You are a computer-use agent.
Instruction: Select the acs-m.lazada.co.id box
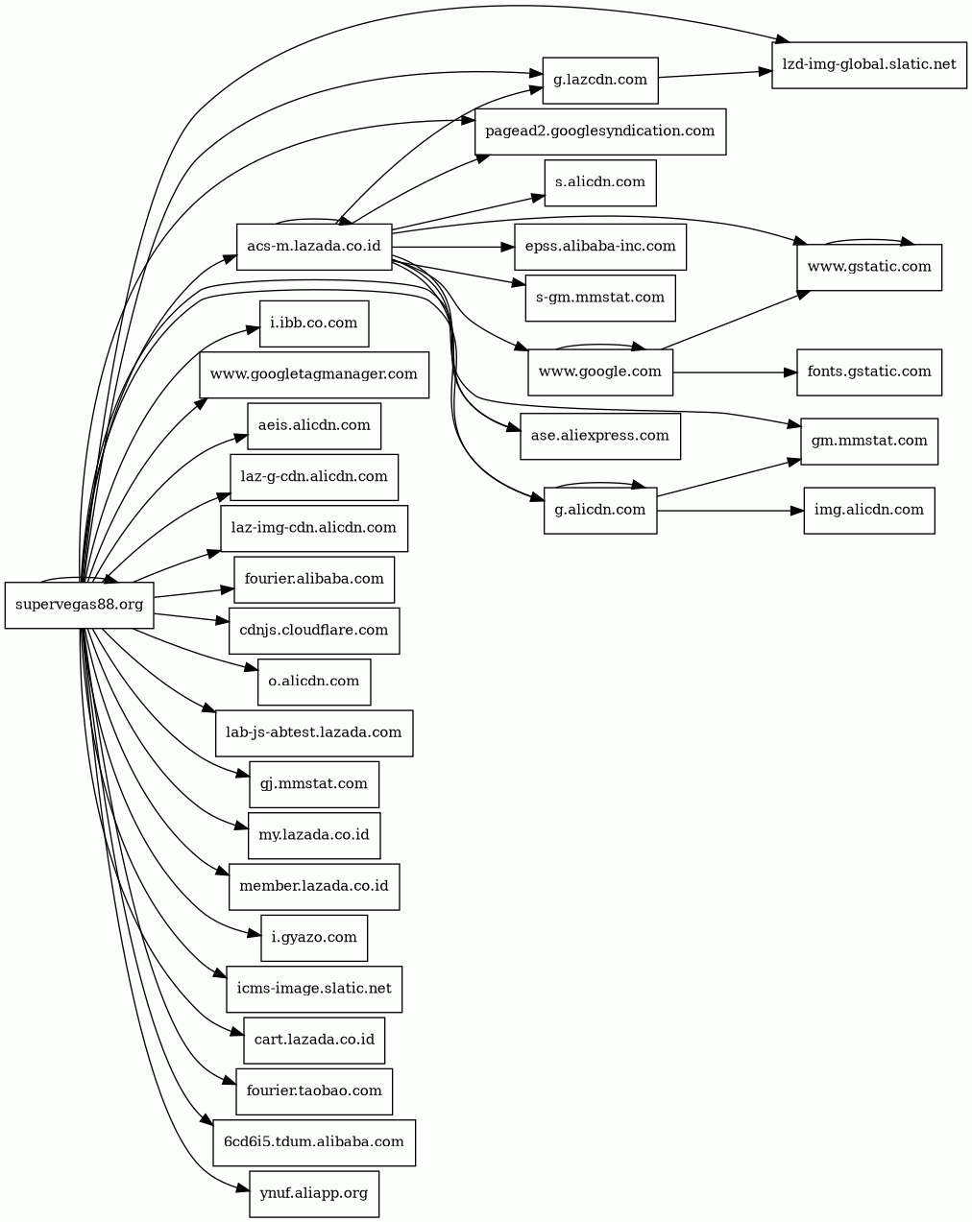(x=314, y=247)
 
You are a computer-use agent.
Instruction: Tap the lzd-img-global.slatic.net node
(x=868, y=65)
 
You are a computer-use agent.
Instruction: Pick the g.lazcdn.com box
(x=600, y=80)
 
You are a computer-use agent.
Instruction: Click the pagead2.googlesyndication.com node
(x=600, y=132)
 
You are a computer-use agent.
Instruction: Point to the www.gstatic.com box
(x=868, y=267)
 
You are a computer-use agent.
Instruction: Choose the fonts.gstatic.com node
(x=868, y=371)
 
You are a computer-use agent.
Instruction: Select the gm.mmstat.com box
(x=868, y=442)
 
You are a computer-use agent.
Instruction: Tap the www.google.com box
(x=600, y=371)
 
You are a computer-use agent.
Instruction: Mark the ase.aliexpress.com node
(x=600, y=436)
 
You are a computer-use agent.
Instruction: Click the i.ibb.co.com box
(x=314, y=323)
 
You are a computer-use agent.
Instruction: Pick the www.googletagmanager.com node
(x=314, y=374)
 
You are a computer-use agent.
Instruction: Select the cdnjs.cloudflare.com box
(x=314, y=631)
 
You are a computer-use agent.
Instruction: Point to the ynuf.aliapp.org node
(x=314, y=1194)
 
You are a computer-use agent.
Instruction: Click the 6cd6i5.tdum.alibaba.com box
(x=314, y=1142)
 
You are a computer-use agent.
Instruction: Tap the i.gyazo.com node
(x=314, y=938)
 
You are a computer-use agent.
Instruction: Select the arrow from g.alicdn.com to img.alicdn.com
(x=730, y=511)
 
